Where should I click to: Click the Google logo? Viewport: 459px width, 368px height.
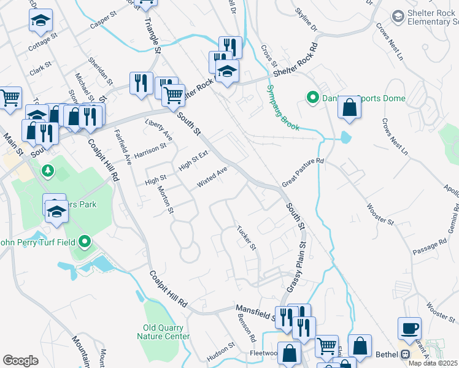20,361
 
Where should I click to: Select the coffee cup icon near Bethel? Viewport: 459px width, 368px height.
409,328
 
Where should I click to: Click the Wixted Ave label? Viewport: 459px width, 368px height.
212,177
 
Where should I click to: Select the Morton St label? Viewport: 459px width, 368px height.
165,201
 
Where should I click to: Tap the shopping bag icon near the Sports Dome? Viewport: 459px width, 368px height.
349,107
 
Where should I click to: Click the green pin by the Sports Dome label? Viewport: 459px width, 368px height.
312,97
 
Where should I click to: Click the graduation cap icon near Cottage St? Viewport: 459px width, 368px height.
40,20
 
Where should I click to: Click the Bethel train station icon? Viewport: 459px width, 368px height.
404,355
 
